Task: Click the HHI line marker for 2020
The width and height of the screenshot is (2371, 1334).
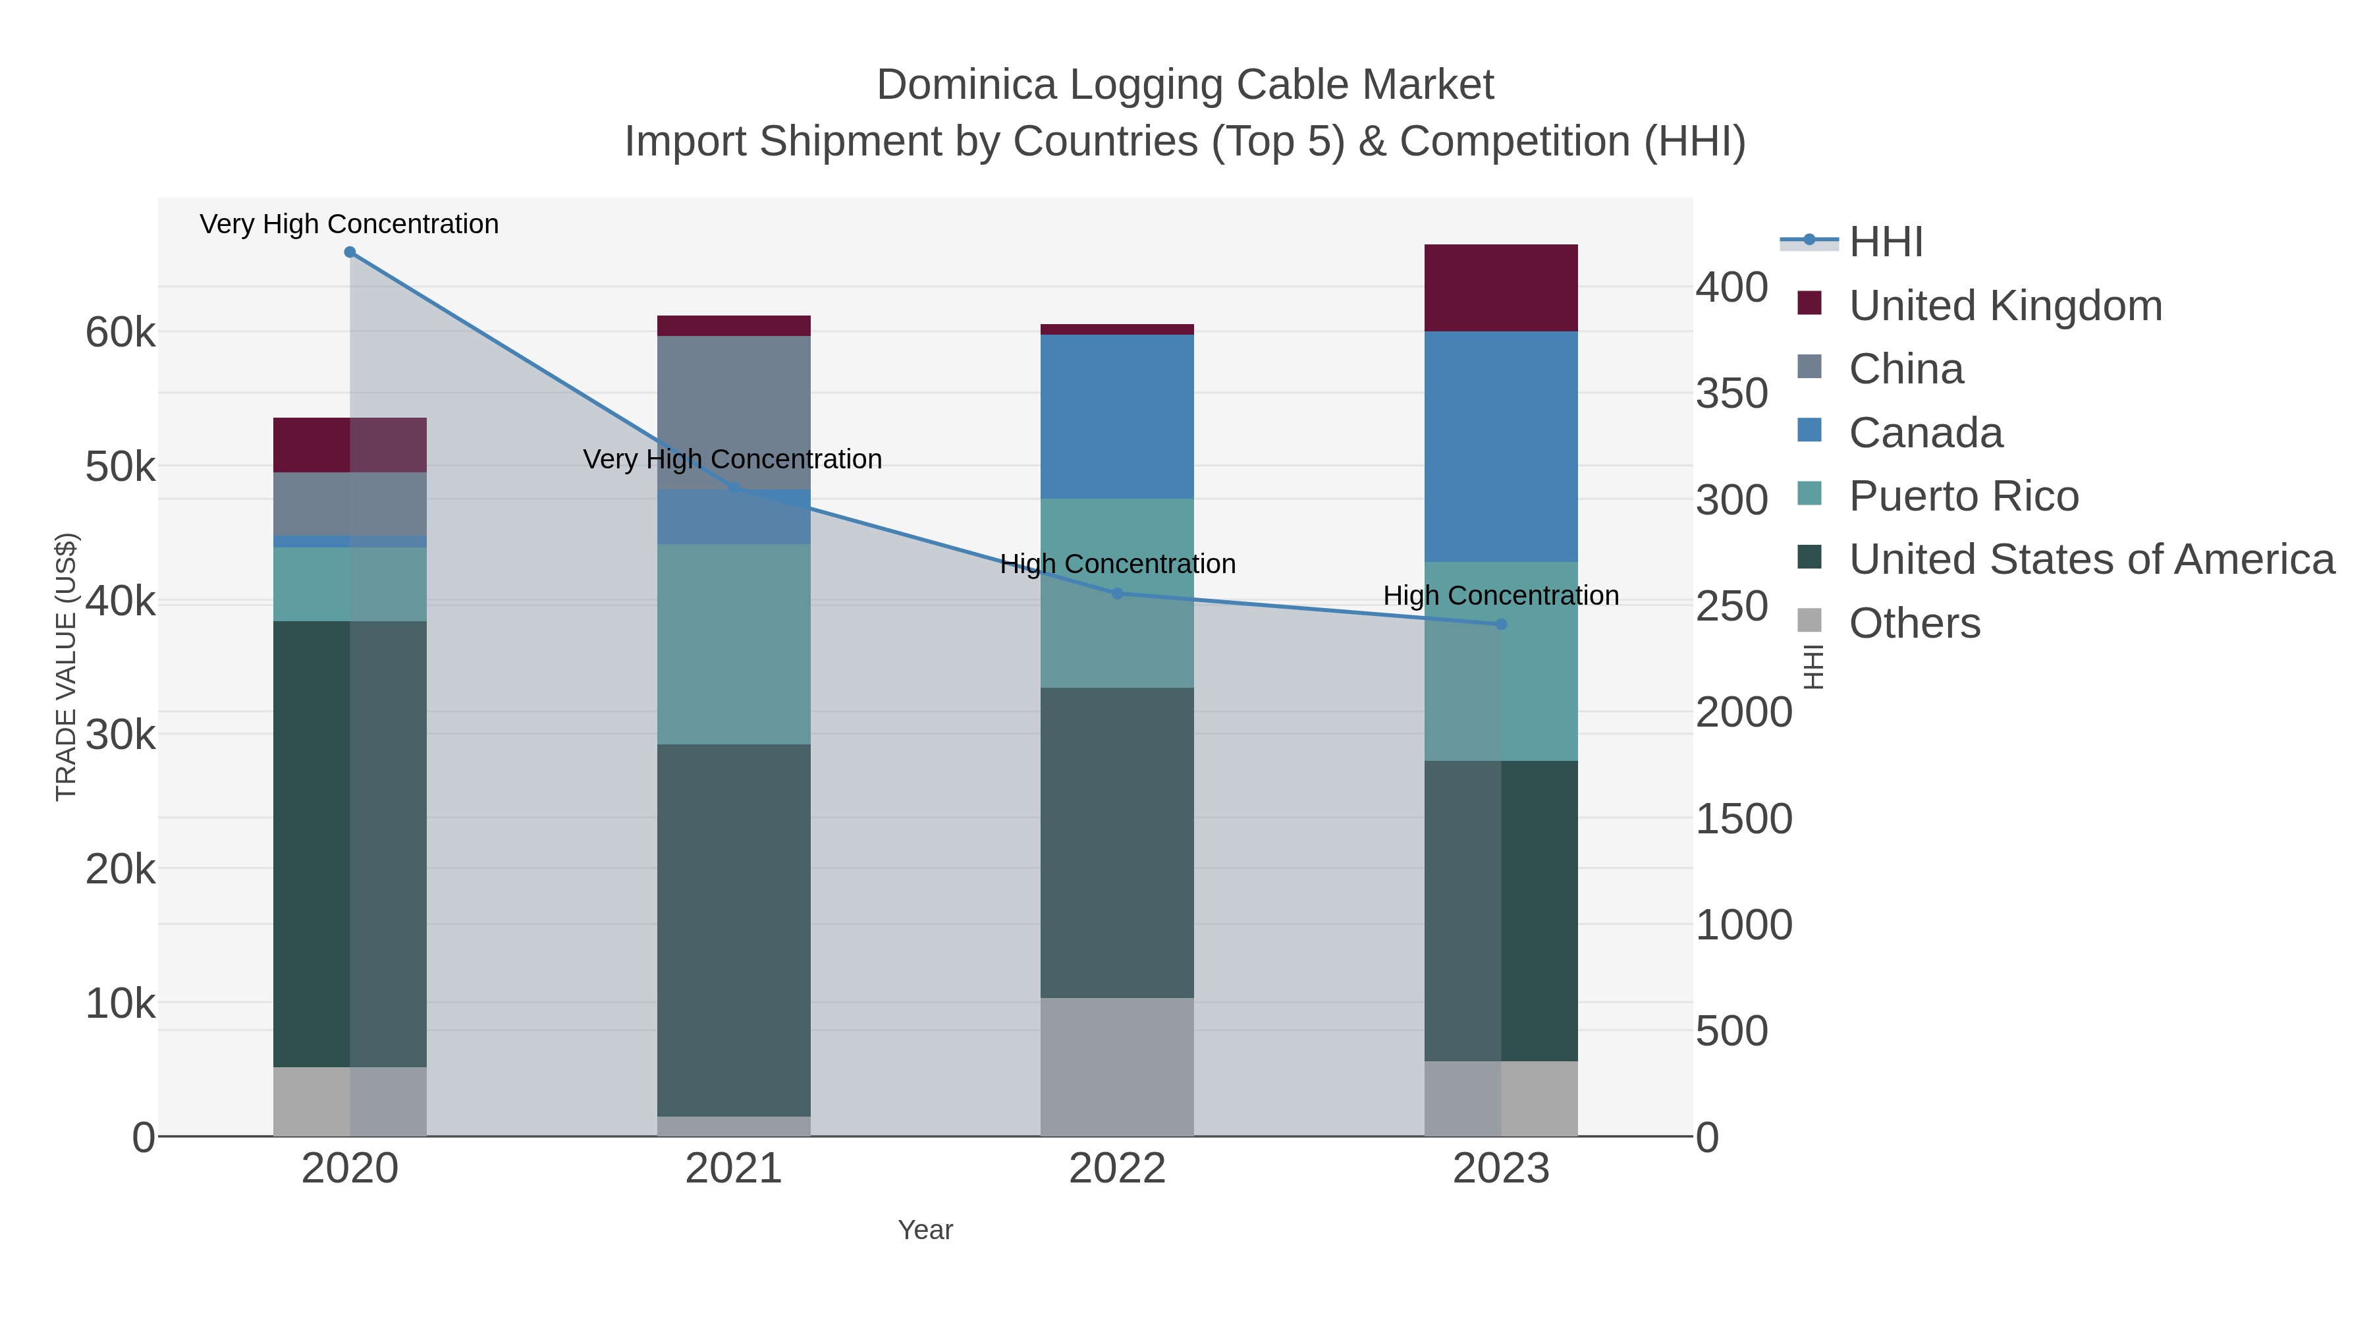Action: click(x=350, y=252)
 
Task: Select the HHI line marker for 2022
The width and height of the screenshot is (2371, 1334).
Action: click(x=1118, y=594)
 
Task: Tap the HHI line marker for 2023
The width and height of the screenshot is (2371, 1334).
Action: click(x=1501, y=625)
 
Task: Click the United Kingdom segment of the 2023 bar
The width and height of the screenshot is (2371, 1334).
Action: click(x=1501, y=288)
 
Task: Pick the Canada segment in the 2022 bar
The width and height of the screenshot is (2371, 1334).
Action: click(x=1118, y=416)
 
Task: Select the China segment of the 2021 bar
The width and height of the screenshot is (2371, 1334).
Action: click(x=734, y=412)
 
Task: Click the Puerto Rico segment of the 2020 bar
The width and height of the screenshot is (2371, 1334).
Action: click(x=350, y=584)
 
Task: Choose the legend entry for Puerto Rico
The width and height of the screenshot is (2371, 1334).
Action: click(x=1963, y=496)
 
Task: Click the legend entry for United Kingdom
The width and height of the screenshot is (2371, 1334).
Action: click(x=2005, y=306)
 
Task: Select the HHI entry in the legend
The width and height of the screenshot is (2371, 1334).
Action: click(x=1885, y=242)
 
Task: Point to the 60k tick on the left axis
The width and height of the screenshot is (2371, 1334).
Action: click(x=121, y=333)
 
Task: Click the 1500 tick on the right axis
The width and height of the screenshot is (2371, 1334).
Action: click(x=1743, y=818)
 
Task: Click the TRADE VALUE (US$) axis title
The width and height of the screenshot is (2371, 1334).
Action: click(x=67, y=667)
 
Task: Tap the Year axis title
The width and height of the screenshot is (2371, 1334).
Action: click(x=925, y=1230)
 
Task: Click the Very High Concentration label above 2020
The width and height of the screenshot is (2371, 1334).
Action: click(x=350, y=224)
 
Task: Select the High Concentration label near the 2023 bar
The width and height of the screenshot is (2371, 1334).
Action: click(x=1501, y=596)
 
